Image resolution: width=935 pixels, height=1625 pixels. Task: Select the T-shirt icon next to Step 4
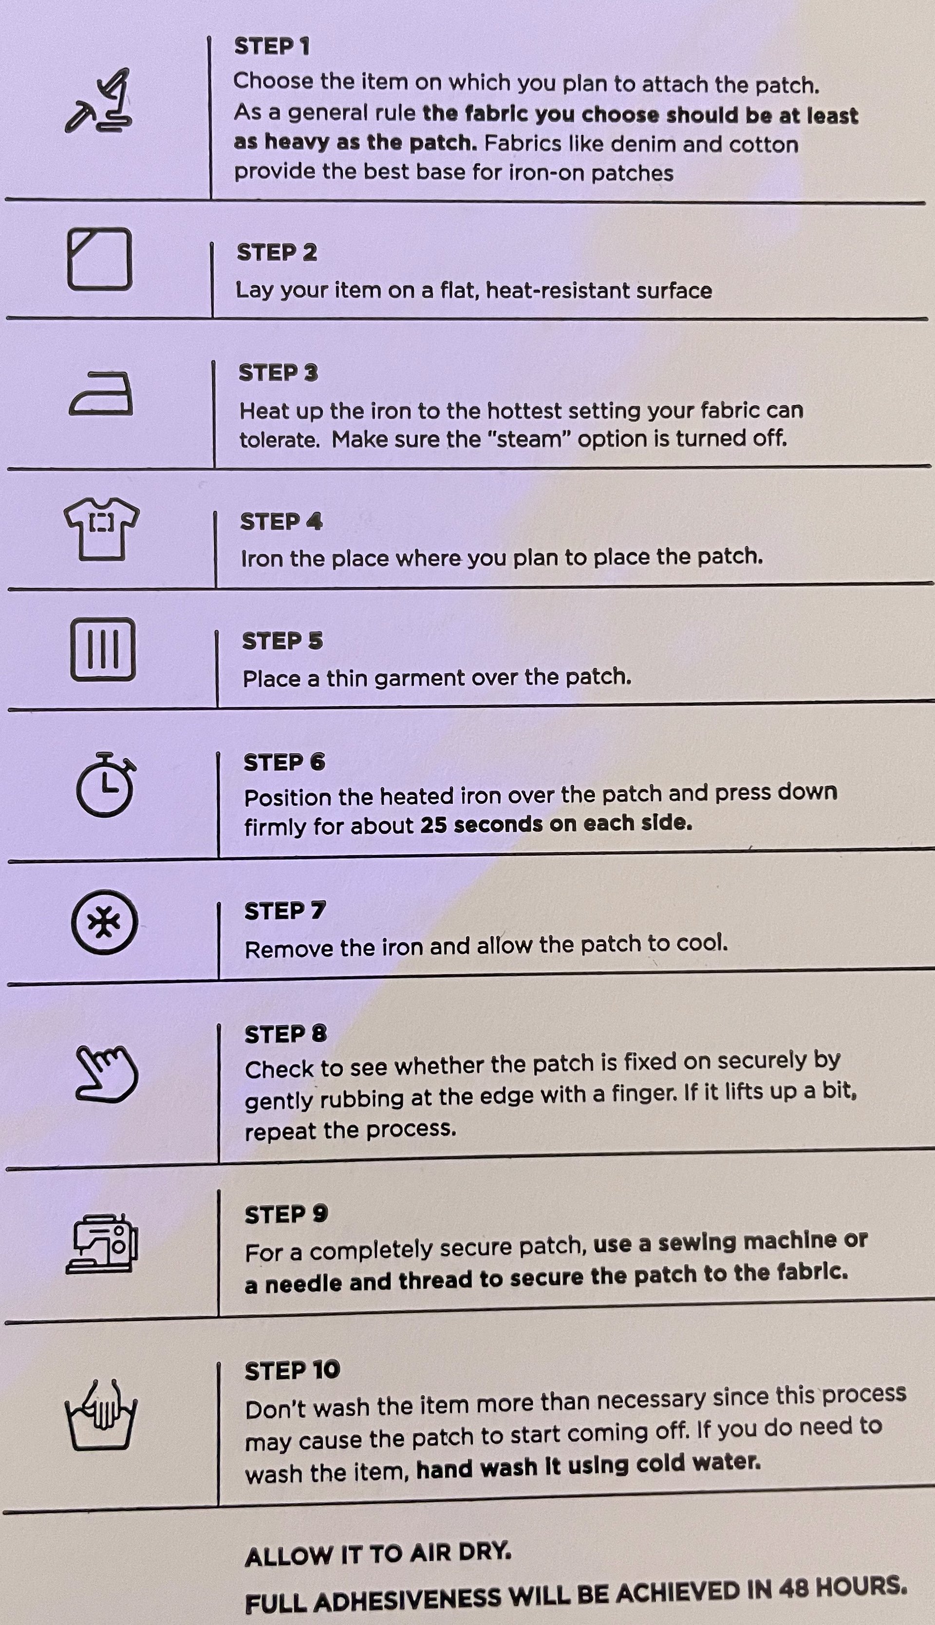coord(101,529)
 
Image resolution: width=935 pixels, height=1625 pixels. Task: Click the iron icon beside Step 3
coord(101,393)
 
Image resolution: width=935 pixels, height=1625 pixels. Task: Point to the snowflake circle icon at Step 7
coord(104,922)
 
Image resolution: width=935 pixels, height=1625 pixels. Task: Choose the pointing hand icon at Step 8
coord(106,1074)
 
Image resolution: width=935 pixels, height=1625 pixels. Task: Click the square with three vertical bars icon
coord(103,649)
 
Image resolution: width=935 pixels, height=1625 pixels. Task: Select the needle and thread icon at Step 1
coord(99,101)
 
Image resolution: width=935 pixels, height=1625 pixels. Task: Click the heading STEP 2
coord(277,252)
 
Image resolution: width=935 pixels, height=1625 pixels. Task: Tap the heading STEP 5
coord(282,640)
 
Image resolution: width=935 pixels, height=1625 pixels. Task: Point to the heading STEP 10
coord(292,1370)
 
